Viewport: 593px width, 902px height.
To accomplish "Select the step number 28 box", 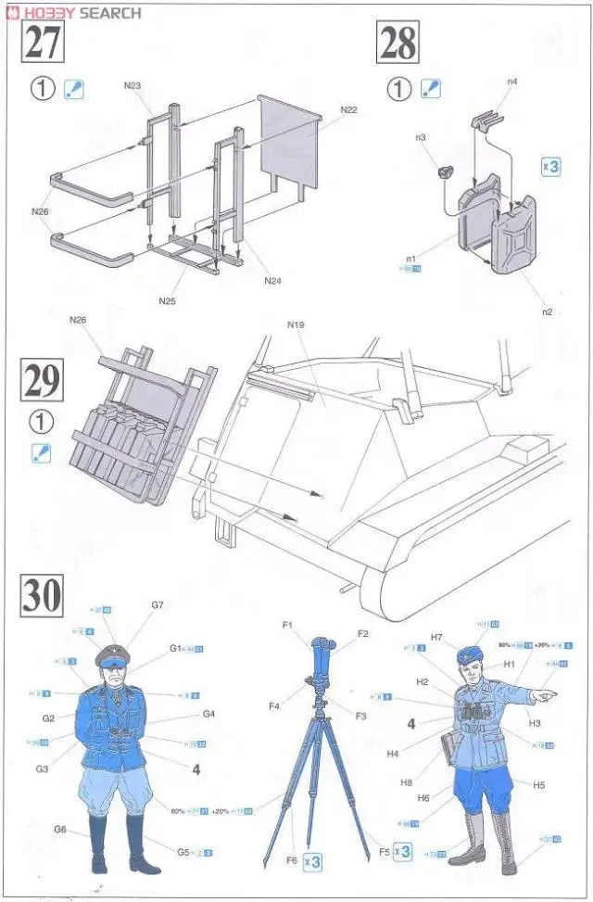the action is [397, 43].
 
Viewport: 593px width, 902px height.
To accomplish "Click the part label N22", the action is [348, 110].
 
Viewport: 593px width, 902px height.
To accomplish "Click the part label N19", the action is [296, 325].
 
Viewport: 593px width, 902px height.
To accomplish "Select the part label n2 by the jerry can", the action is [547, 311].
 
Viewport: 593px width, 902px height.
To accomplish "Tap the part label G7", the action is [157, 605].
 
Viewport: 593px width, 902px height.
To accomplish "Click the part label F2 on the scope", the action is [362, 634].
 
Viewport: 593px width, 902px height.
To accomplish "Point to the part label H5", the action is [539, 784].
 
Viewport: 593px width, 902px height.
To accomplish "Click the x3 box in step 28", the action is [550, 168].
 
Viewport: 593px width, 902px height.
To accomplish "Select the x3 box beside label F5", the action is [401, 851].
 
